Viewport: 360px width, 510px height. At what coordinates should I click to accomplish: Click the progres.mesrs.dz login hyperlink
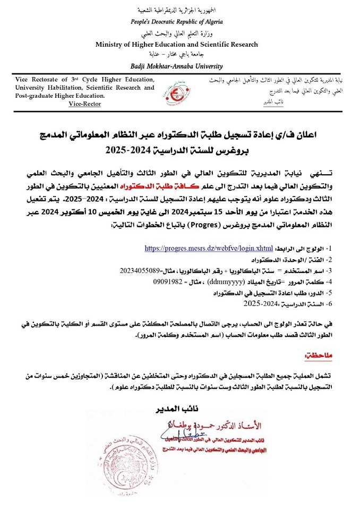[x=209, y=248]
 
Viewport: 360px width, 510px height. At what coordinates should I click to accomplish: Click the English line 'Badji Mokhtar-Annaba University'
[x=177, y=66]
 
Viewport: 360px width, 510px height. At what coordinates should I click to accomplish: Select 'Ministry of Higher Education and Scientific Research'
[x=177, y=45]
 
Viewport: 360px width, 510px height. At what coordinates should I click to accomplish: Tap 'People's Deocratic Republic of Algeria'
[x=177, y=22]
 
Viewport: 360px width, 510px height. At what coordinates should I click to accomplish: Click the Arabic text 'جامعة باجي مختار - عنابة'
[x=177, y=55]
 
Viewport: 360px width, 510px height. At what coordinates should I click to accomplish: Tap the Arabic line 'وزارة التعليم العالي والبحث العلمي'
[x=177, y=33]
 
